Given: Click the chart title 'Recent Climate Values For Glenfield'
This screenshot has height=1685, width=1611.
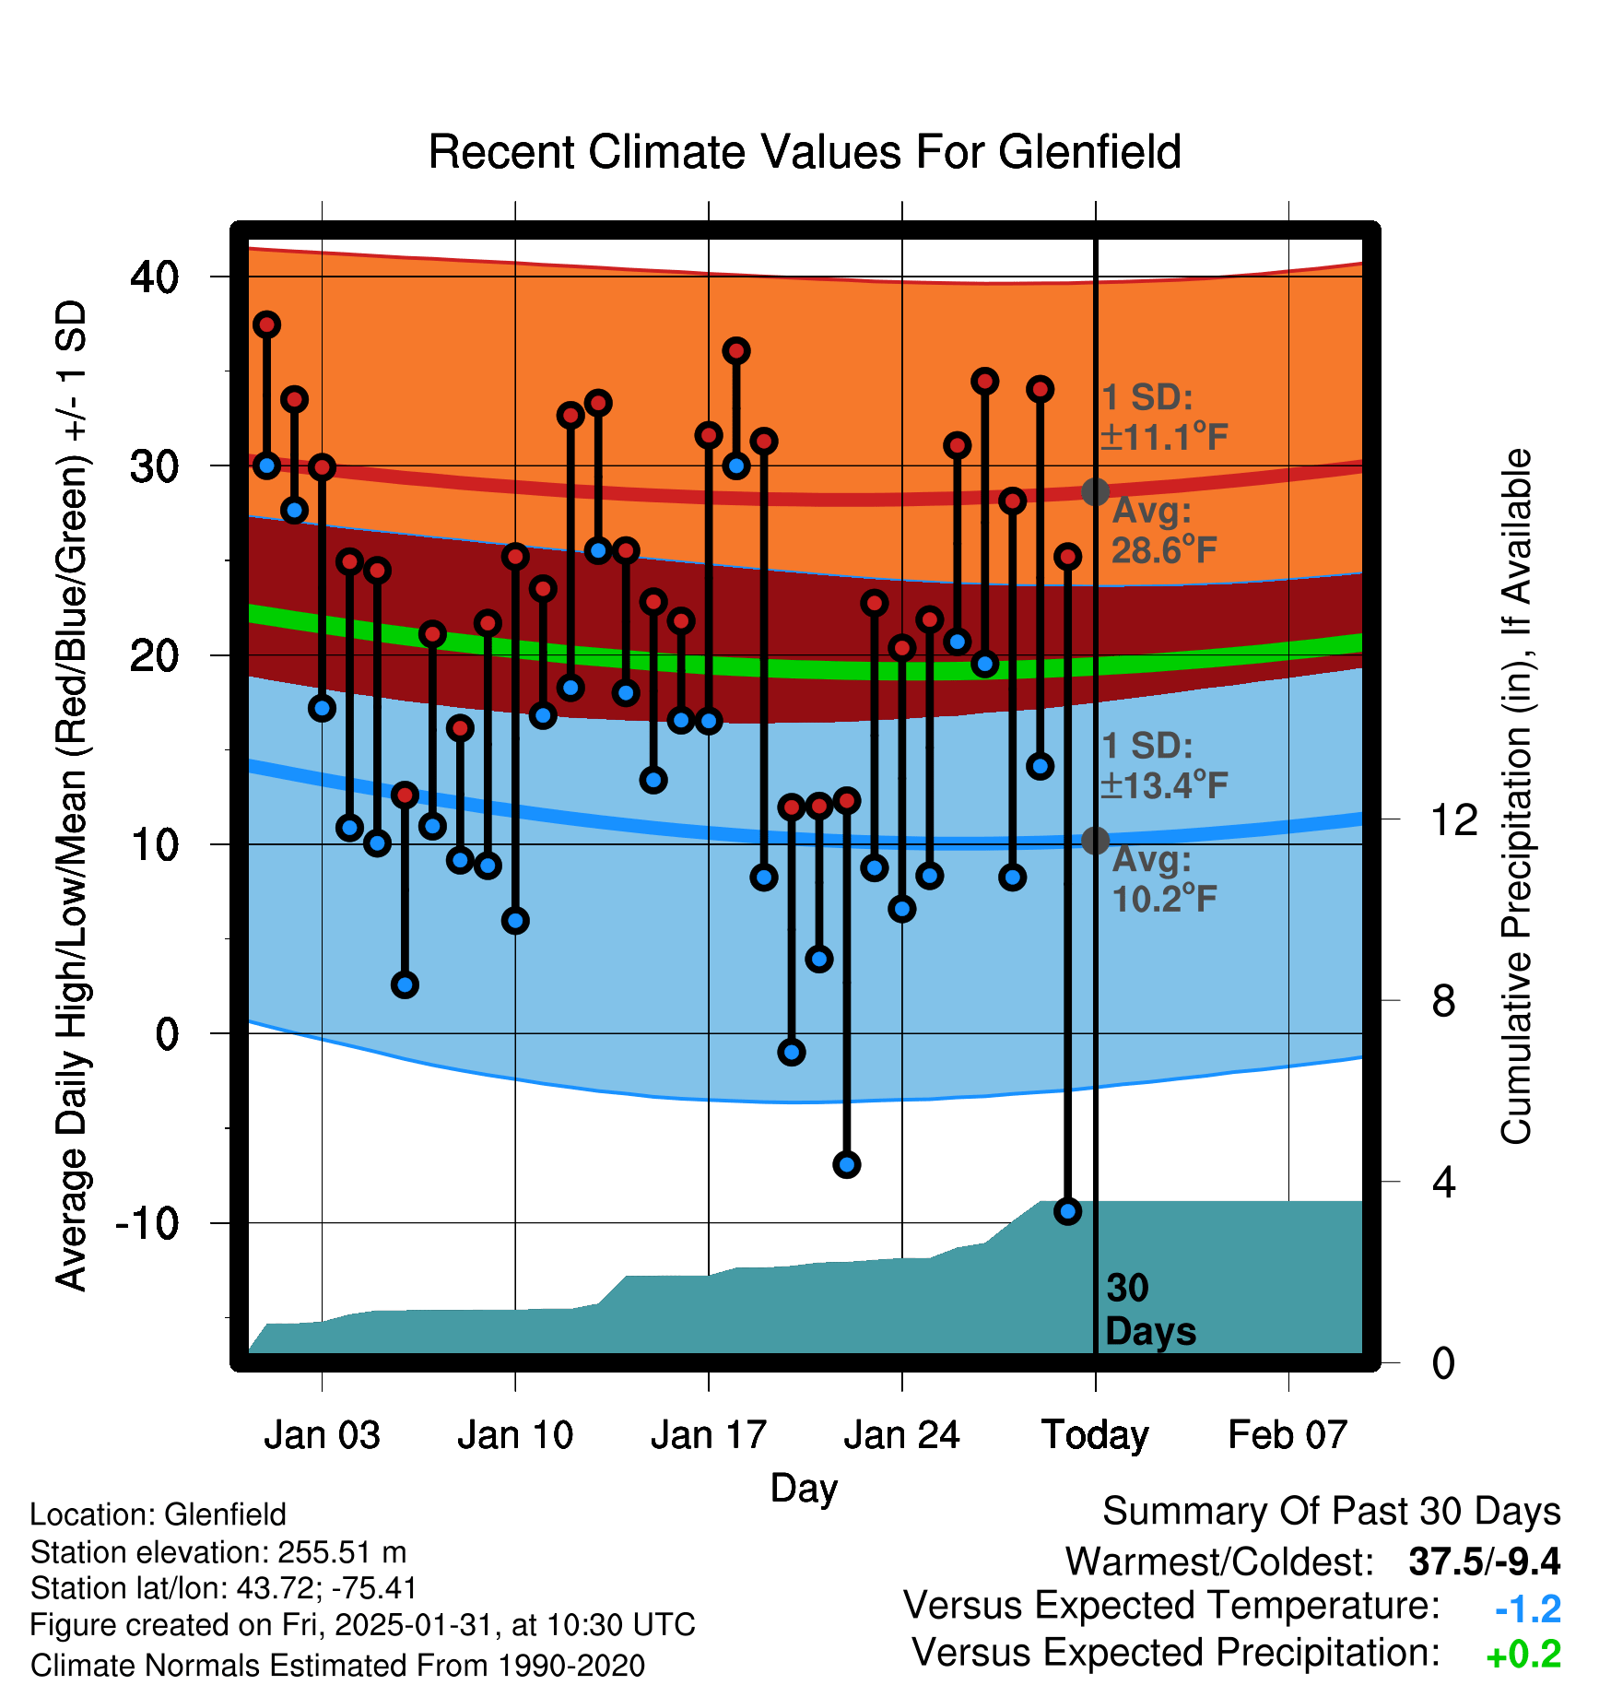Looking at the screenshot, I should point(805,152).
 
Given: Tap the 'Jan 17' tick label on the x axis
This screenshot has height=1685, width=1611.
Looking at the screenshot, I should point(708,1435).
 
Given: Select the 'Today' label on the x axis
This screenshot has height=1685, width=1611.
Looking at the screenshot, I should point(1095,1435).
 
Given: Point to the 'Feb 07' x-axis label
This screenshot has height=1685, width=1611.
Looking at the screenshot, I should point(1288,1435).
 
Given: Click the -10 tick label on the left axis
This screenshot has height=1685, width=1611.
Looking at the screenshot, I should point(147,1223).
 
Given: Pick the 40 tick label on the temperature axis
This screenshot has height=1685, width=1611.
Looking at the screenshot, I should point(155,277).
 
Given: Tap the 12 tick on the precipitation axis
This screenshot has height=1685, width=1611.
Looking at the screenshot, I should point(1453,819).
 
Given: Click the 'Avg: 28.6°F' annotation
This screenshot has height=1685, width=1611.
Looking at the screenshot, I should point(1164,531).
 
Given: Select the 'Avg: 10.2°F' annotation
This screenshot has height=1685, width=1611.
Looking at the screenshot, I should point(1164,879).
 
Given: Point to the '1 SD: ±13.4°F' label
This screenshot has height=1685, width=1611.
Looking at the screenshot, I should point(1164,765).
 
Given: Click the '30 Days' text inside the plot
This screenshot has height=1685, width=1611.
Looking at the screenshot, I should point(1149,1310).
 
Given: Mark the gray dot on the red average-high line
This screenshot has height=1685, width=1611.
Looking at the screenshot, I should point(1095,491).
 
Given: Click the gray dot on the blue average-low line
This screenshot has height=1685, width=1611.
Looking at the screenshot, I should point(1095,840).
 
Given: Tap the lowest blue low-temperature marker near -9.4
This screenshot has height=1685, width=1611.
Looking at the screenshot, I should point(1067,1211).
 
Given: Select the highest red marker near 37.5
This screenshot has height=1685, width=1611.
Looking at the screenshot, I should point(266,324).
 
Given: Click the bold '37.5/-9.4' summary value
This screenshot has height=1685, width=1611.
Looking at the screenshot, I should point(1484,1561).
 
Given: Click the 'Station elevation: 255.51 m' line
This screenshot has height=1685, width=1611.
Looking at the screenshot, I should point(218,1552).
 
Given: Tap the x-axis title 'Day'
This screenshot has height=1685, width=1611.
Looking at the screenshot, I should point(804,1488).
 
